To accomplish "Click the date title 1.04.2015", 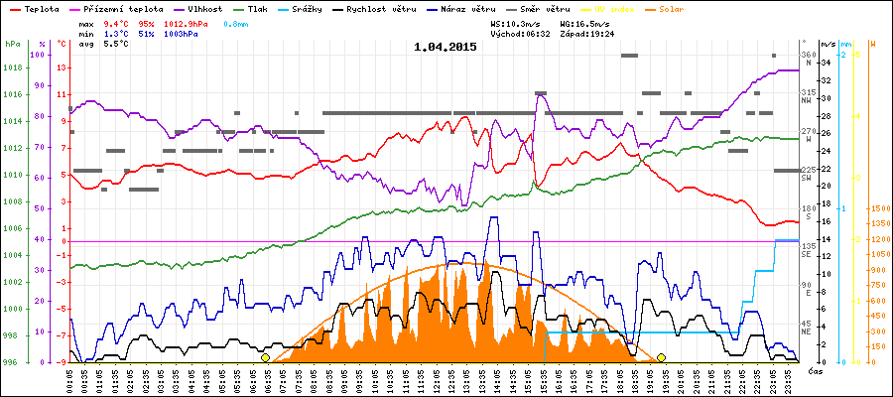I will pyautogui.click(x=446, y=46).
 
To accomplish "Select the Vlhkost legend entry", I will pyautogui.click(x=197, y=8).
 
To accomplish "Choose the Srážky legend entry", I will pyautogui.click(x=304, y=8).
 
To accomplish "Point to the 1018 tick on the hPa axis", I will pyautogui.click(x=12, y=68).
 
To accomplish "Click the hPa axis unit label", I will pyautogui.click(x=12, y=44).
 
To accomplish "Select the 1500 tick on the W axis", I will pyautogui.click(x=878, y=208).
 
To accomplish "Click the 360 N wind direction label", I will pyautogui.click(x=807, y=58).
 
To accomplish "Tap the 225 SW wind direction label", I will pyautogui.click(x=807, y=174).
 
